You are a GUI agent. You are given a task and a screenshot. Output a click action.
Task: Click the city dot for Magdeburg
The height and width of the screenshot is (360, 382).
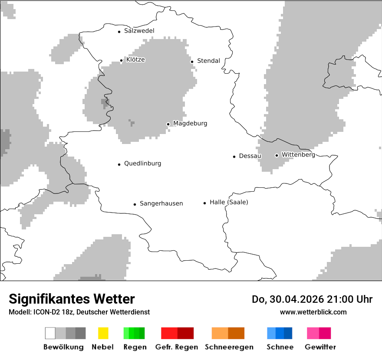[168, 124]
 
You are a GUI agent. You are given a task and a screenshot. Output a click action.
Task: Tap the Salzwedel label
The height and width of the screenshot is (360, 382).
[139, 31]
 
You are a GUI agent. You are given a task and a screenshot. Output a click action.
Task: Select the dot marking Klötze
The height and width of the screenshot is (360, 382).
[121, 61]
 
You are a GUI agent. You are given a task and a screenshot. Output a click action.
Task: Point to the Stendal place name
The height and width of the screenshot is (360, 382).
[208, 61]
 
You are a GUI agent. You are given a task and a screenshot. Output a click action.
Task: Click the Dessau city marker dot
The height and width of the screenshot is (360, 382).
[234, 157]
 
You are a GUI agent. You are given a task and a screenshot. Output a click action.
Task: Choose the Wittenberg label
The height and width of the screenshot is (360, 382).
[298, 154]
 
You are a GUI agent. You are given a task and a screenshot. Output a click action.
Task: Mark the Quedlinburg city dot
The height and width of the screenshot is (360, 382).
[119, 164]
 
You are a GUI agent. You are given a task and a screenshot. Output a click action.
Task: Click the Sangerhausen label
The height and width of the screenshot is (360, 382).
[161, 203]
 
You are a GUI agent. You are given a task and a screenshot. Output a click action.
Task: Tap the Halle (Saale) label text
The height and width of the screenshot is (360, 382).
[229, 202]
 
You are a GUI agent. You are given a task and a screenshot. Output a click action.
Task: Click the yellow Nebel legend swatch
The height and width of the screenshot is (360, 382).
[103, 333]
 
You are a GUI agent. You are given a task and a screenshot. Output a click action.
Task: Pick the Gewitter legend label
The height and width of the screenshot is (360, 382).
[320, 347]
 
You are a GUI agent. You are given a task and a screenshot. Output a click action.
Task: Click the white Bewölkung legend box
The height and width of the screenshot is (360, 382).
[50, 333]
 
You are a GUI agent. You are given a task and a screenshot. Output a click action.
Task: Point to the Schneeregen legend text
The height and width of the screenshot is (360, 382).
[229, 347]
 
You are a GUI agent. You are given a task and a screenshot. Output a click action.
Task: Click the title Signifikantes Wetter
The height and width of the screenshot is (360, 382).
[72, 299]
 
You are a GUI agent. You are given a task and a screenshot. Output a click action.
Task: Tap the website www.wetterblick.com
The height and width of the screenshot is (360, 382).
[313, 312]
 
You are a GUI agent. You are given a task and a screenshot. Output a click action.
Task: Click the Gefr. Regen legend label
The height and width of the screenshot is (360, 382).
[176, 347]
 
